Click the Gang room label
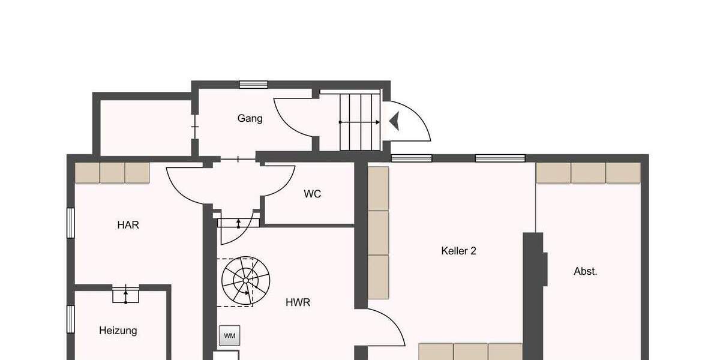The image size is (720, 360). coord(250,118)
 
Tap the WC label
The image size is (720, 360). coord(312,194)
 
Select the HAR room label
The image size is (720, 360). coord(128,225)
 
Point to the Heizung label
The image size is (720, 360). coord(118,330)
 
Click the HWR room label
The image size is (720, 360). coord(298,302)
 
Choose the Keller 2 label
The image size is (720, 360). coord(458,251)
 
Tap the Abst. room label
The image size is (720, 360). coord(585,271)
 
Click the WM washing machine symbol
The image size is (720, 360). coord(229,335)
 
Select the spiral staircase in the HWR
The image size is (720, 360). coord(245,280)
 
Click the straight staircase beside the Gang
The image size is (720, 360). coord(359,121)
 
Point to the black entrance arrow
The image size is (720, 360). coord(394,122)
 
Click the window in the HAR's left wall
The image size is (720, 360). coord(70,223)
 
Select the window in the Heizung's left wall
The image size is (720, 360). coord(70,319)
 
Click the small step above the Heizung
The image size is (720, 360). coord(125,295)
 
